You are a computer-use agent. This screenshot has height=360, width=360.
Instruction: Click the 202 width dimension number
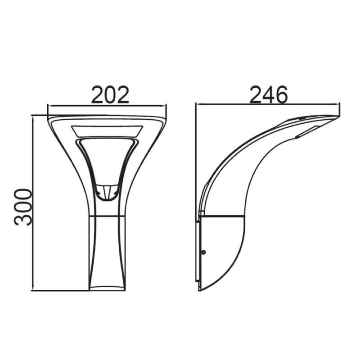110,94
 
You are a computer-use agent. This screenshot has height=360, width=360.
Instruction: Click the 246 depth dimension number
268,94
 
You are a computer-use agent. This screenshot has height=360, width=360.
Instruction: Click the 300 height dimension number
23,207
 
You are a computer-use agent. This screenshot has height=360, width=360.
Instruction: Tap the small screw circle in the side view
203,252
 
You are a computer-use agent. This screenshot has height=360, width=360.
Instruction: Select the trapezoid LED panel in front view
107,131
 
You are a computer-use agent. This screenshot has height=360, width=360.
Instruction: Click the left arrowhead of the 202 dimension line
49,106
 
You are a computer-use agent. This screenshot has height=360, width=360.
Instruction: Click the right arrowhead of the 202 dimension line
164,106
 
